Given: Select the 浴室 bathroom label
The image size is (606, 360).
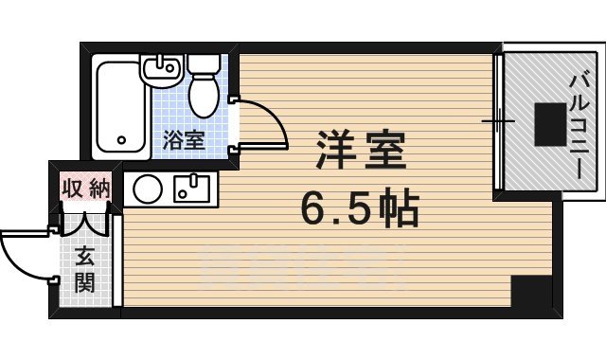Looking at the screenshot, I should [x=183, y=141].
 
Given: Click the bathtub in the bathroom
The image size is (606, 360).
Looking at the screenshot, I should [x=121, y=107].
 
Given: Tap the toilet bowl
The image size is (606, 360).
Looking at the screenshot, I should [x=205, y=96].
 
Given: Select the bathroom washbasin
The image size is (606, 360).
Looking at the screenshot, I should [x=162, y=68].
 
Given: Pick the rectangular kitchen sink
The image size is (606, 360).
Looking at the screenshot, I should [x=194, y=187].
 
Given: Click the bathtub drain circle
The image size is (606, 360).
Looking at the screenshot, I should [x=121, y=142].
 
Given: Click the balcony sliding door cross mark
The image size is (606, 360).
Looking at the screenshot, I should [x=497, y=121].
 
